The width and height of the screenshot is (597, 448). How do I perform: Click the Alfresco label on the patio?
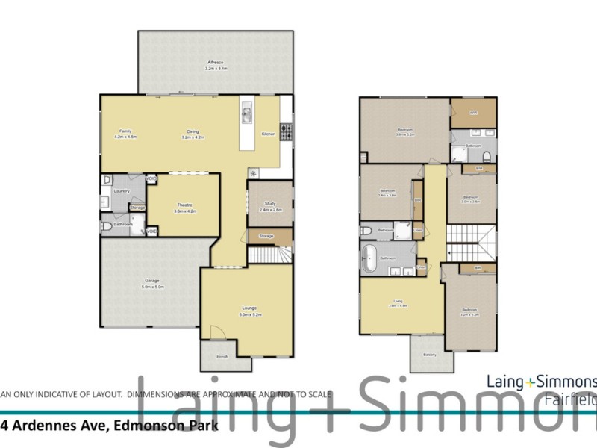click(216, 65)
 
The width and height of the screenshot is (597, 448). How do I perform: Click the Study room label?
click(269, 207)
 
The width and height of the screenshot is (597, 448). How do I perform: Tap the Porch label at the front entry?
click(222, 356)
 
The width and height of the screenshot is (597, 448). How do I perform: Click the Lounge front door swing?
click(217, 332)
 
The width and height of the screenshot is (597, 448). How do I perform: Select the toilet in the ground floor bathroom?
click(106, 225)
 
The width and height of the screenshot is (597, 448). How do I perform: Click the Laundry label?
click(122, 191)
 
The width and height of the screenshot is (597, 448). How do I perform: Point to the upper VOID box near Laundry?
click(151, 179)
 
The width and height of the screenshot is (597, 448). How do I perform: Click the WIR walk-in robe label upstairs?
click(473, 113)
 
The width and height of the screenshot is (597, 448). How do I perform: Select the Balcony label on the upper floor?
click(430, 355)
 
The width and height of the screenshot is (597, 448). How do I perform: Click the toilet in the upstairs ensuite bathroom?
click(487, 156)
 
